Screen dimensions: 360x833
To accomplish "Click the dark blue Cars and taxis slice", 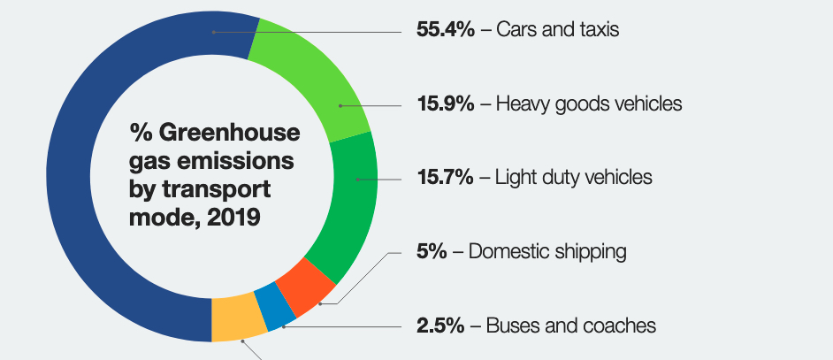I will pos(75,177).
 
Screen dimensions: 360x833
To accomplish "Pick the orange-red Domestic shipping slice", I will pos(305,285).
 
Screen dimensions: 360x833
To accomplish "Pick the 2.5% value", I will pos(440,326).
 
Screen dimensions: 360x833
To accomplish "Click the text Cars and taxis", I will pos(557,30).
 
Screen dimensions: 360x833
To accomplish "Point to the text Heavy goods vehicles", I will pos(589,104).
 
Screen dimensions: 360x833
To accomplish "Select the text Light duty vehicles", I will pos(574,178).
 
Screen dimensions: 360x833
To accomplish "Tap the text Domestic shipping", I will pos(547,252).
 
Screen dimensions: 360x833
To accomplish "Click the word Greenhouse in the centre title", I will pos(230,134).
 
